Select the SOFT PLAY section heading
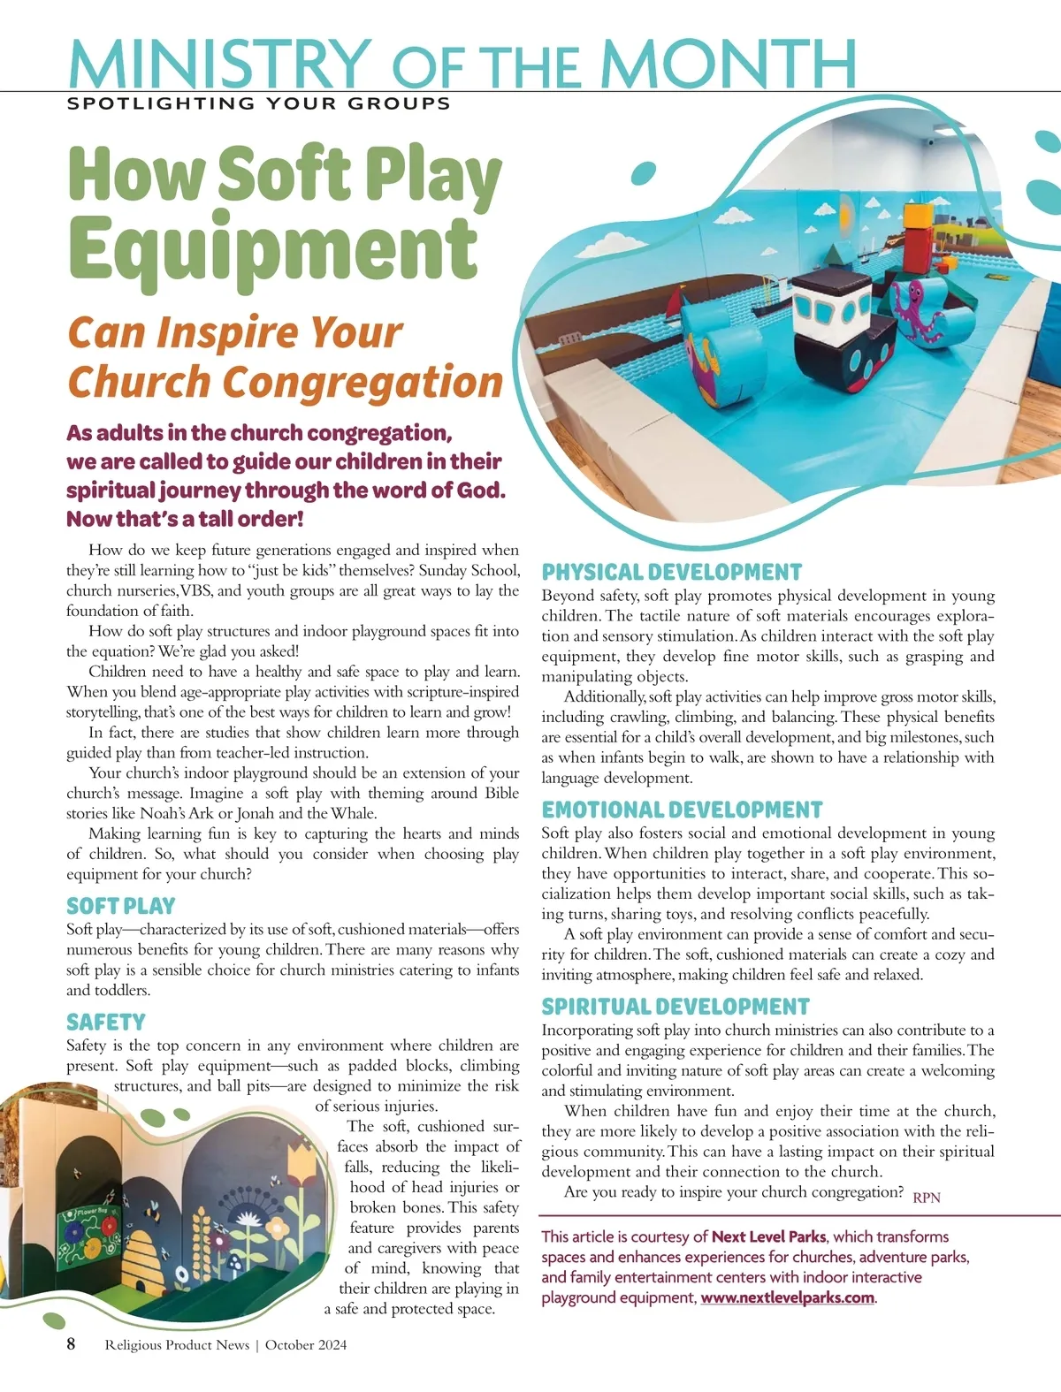pyautogui.click(x=120, y=906)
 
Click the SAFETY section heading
pyautogui.click(x=105, y=1022)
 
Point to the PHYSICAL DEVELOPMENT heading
pyautogui.click(x=671, y=572)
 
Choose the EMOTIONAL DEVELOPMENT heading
pyautogui.click(x=682, y=810)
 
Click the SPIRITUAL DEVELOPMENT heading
pyautogui.click(x=676, y=1007)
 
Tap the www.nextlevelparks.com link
pyautogui.click(x=787, y=1297)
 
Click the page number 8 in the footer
pyautogui.click(x=72, y=1344)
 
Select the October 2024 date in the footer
pyautogui.click(x=306, y=1345)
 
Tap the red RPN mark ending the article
pyautogui.click(x=927, y=1198)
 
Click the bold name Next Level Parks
pyautogui.click(x=768, y=1236)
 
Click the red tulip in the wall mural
pyautogui.click(x=302, y=1164)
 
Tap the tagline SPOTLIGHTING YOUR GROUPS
pyautogui.click(x=259, y=103)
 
